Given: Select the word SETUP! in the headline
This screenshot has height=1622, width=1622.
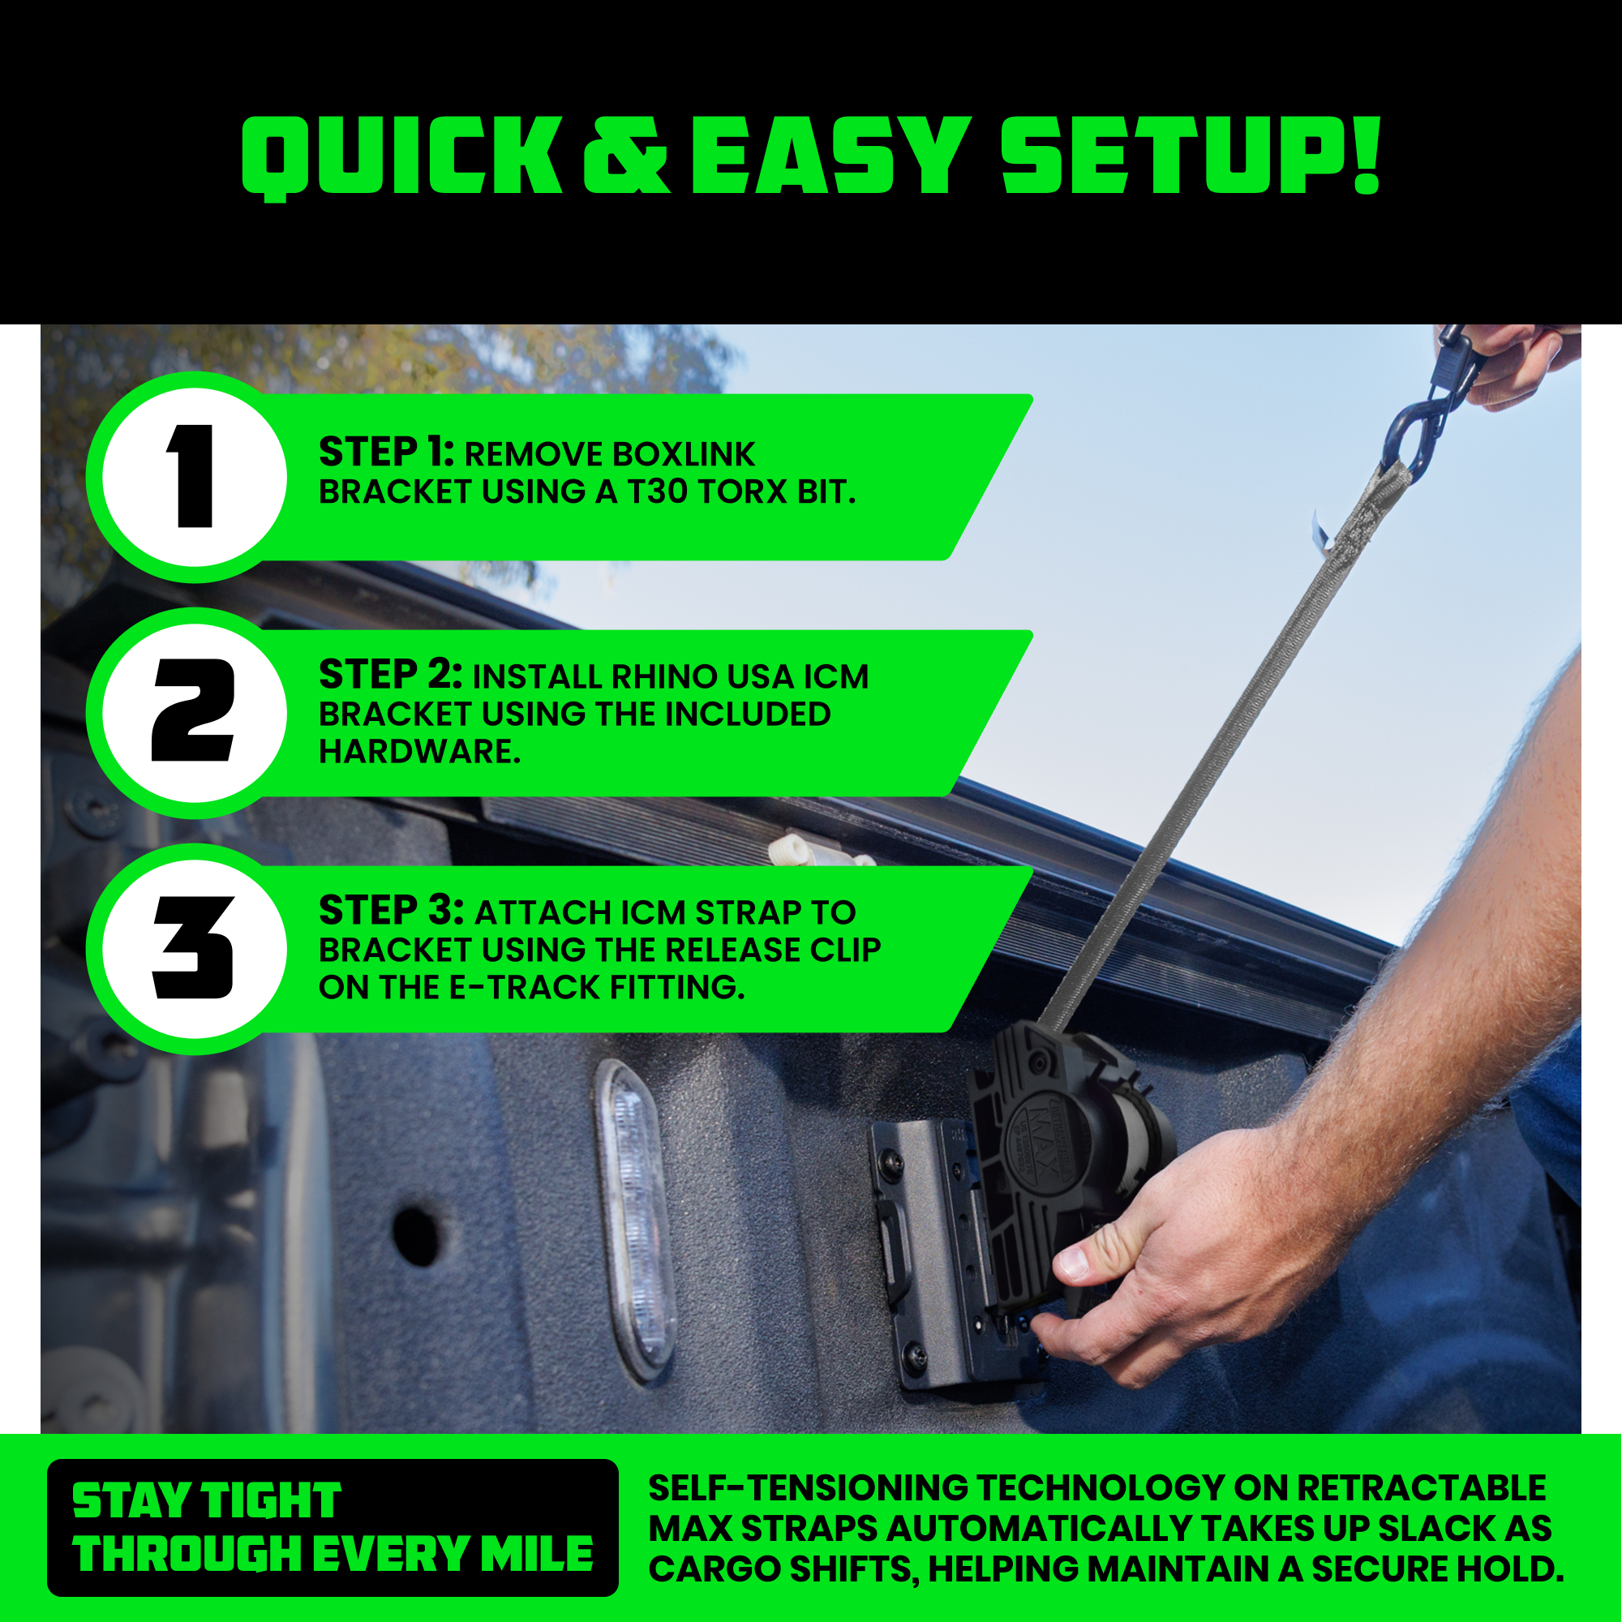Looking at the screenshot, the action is tap(1191, 156).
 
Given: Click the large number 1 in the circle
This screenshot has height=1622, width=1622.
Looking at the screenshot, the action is tap(193, 476).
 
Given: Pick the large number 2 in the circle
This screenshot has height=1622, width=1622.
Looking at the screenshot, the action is tap(192, 710).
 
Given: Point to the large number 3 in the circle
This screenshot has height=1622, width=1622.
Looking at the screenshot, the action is tap(192, 947).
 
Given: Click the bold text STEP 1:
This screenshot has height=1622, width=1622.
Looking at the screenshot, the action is tap(386, 453).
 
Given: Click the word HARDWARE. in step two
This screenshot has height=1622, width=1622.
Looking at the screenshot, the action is tap(420, 752).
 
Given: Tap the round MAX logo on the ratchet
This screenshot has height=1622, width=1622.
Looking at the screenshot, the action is tap(1045, 1141).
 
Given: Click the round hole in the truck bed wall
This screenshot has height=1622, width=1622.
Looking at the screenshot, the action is tap(416, 1235).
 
